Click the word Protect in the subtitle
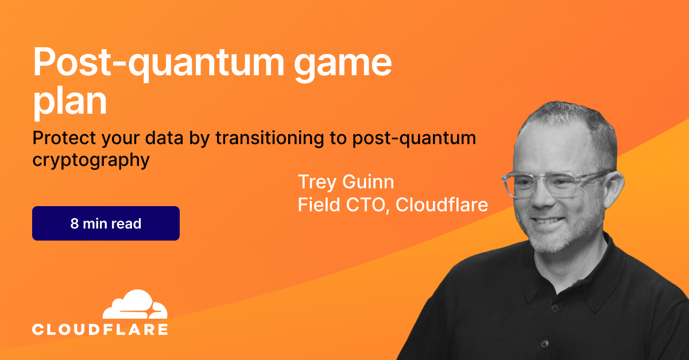pos(64,138)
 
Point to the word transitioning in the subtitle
pos(270,138)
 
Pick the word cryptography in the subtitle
pos(91,161)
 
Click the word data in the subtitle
pos(164,138)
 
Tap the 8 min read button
pos(106,223)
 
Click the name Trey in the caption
pos(317,183)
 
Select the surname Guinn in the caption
pos(368,181)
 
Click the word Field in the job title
pos(319,204)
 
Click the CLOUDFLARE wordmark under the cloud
pos(100,330)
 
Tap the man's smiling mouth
pos(548,221)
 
